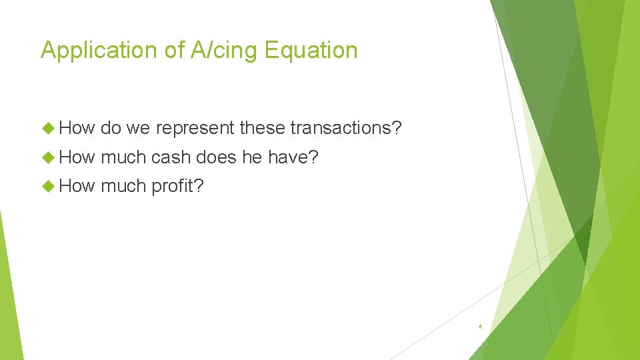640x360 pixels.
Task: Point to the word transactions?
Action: point(346,128)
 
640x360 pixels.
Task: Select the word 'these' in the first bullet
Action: point(263,128)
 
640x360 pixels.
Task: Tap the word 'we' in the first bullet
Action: point(137,128)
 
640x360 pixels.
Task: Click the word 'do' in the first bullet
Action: point(110,128)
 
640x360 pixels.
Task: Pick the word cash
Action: point(172,157)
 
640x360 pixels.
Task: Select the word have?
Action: point(293,157)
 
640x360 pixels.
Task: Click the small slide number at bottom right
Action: point(480,327)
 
